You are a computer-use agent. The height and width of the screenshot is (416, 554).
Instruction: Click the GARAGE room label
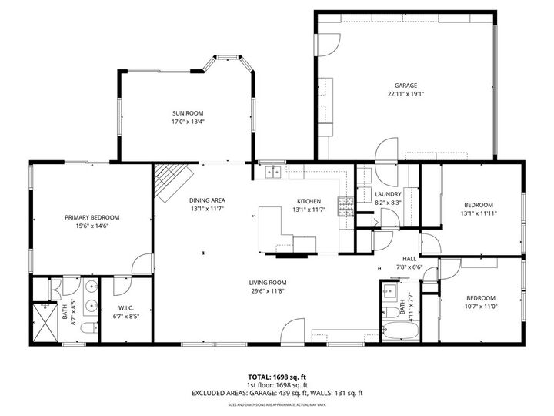coord(406,86)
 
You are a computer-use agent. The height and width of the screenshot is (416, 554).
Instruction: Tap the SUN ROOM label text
coord(187,113)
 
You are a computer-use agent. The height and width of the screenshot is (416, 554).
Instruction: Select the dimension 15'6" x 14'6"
coord(92,226)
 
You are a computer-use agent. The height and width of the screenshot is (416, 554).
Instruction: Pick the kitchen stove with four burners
coord(345,206)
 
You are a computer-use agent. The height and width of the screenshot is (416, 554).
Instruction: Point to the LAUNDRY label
coord(385,195)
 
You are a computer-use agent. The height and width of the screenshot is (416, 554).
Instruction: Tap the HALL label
coord(409,260)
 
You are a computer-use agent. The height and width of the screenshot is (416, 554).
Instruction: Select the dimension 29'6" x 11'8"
coord(267,290)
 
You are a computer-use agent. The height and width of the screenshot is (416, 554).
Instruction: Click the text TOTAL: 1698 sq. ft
coord(276,377)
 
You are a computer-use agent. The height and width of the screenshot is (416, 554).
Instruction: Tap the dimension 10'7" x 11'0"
coord(480,307)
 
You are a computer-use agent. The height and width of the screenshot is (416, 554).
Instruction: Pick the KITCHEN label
coord(309,201)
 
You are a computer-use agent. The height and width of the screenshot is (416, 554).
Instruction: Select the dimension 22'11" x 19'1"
coord(406,94)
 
